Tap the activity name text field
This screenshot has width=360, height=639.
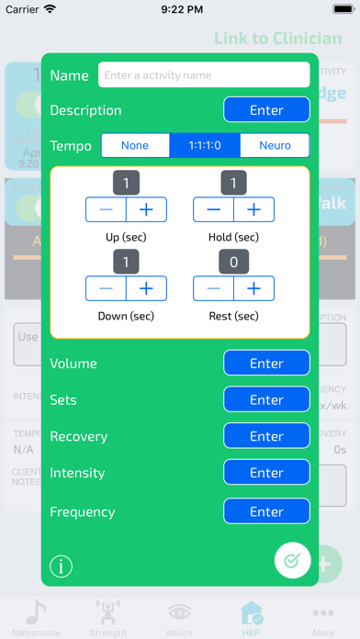pyautogui.click(x=204, y=74)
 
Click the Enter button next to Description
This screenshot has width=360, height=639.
pyautogui.click(x=266, y=110)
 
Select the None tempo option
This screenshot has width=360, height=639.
pyautogui.click(x=135, y=145)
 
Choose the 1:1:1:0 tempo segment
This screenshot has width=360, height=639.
pyautogui.click(x=205, y=145)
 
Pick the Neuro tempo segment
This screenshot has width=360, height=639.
pyautogui.click(x=275, y=145)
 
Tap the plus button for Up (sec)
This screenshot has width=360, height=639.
pyautogui.click(x=146, y=210)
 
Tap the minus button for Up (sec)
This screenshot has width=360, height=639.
pyautogui.click(x=107, y=210)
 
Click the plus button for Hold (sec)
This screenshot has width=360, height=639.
pyautogui.click(x=254, y=210)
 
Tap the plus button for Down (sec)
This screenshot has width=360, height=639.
pyautogui.click(x=146, y=289)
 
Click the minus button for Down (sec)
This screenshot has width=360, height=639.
pyautogui.click(x=107, y=289)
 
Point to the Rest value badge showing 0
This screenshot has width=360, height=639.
pyautogui.click(x=233, y=262)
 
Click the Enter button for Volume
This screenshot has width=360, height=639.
pyautogui.click(x=266, y=364)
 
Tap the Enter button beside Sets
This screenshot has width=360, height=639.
pyautogui.click(x=266, y=400)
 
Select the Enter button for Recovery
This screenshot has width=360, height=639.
pyautogui.click(x=266, y=436)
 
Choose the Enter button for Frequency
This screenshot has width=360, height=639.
pyautogui.click(x=266, y=511)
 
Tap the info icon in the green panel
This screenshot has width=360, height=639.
pyautogui.click(x=62, y=566)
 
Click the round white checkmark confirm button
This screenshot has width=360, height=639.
pyautogui.click(x=292, y=560)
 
